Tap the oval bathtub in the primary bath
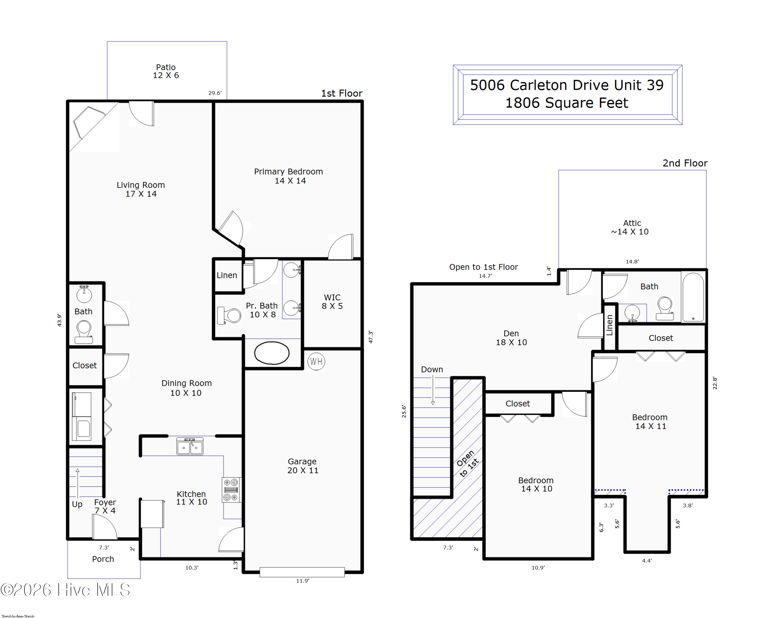[x=272, y=353]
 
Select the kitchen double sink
[x=190, y=446]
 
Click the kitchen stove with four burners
[x=231, y=490]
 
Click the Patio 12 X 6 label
[x=166, y=71]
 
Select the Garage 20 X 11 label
[x=303, y=466]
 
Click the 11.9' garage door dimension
[x=303, y=581]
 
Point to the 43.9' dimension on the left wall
[x=59, y=320]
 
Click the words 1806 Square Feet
[x=567, y=103]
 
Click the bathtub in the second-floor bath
[x=693, y=297]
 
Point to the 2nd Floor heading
[x=685, y=163]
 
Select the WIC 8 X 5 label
[x=332, y=302]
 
